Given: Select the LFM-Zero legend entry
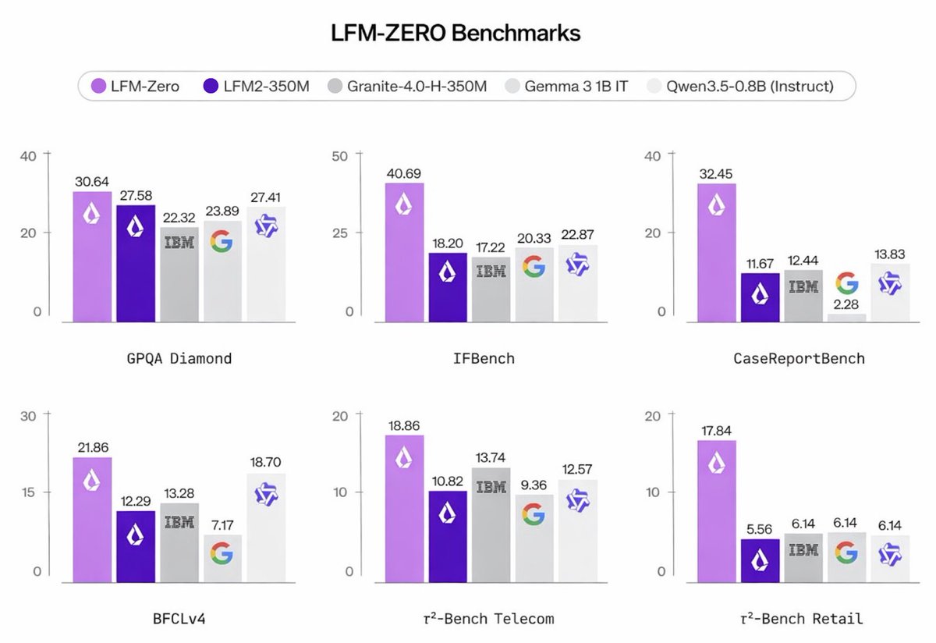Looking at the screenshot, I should [x=136, y=86].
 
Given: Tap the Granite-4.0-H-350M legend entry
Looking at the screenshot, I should [x=408, y=86].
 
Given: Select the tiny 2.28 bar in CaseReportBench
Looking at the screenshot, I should [x=847, y=317].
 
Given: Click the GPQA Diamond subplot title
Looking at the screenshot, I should [x=179, y=358].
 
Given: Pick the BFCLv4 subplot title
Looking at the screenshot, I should [x=179, y=619].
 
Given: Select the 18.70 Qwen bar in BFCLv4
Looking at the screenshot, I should [x=266, y=527].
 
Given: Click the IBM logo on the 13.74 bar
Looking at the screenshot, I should [x=491, y=487].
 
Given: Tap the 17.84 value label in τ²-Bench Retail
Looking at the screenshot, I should [x=715, y=428].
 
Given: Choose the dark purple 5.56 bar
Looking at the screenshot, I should [x=760, y=560].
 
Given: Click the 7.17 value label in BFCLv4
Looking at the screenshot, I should [x=222, y=522].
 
